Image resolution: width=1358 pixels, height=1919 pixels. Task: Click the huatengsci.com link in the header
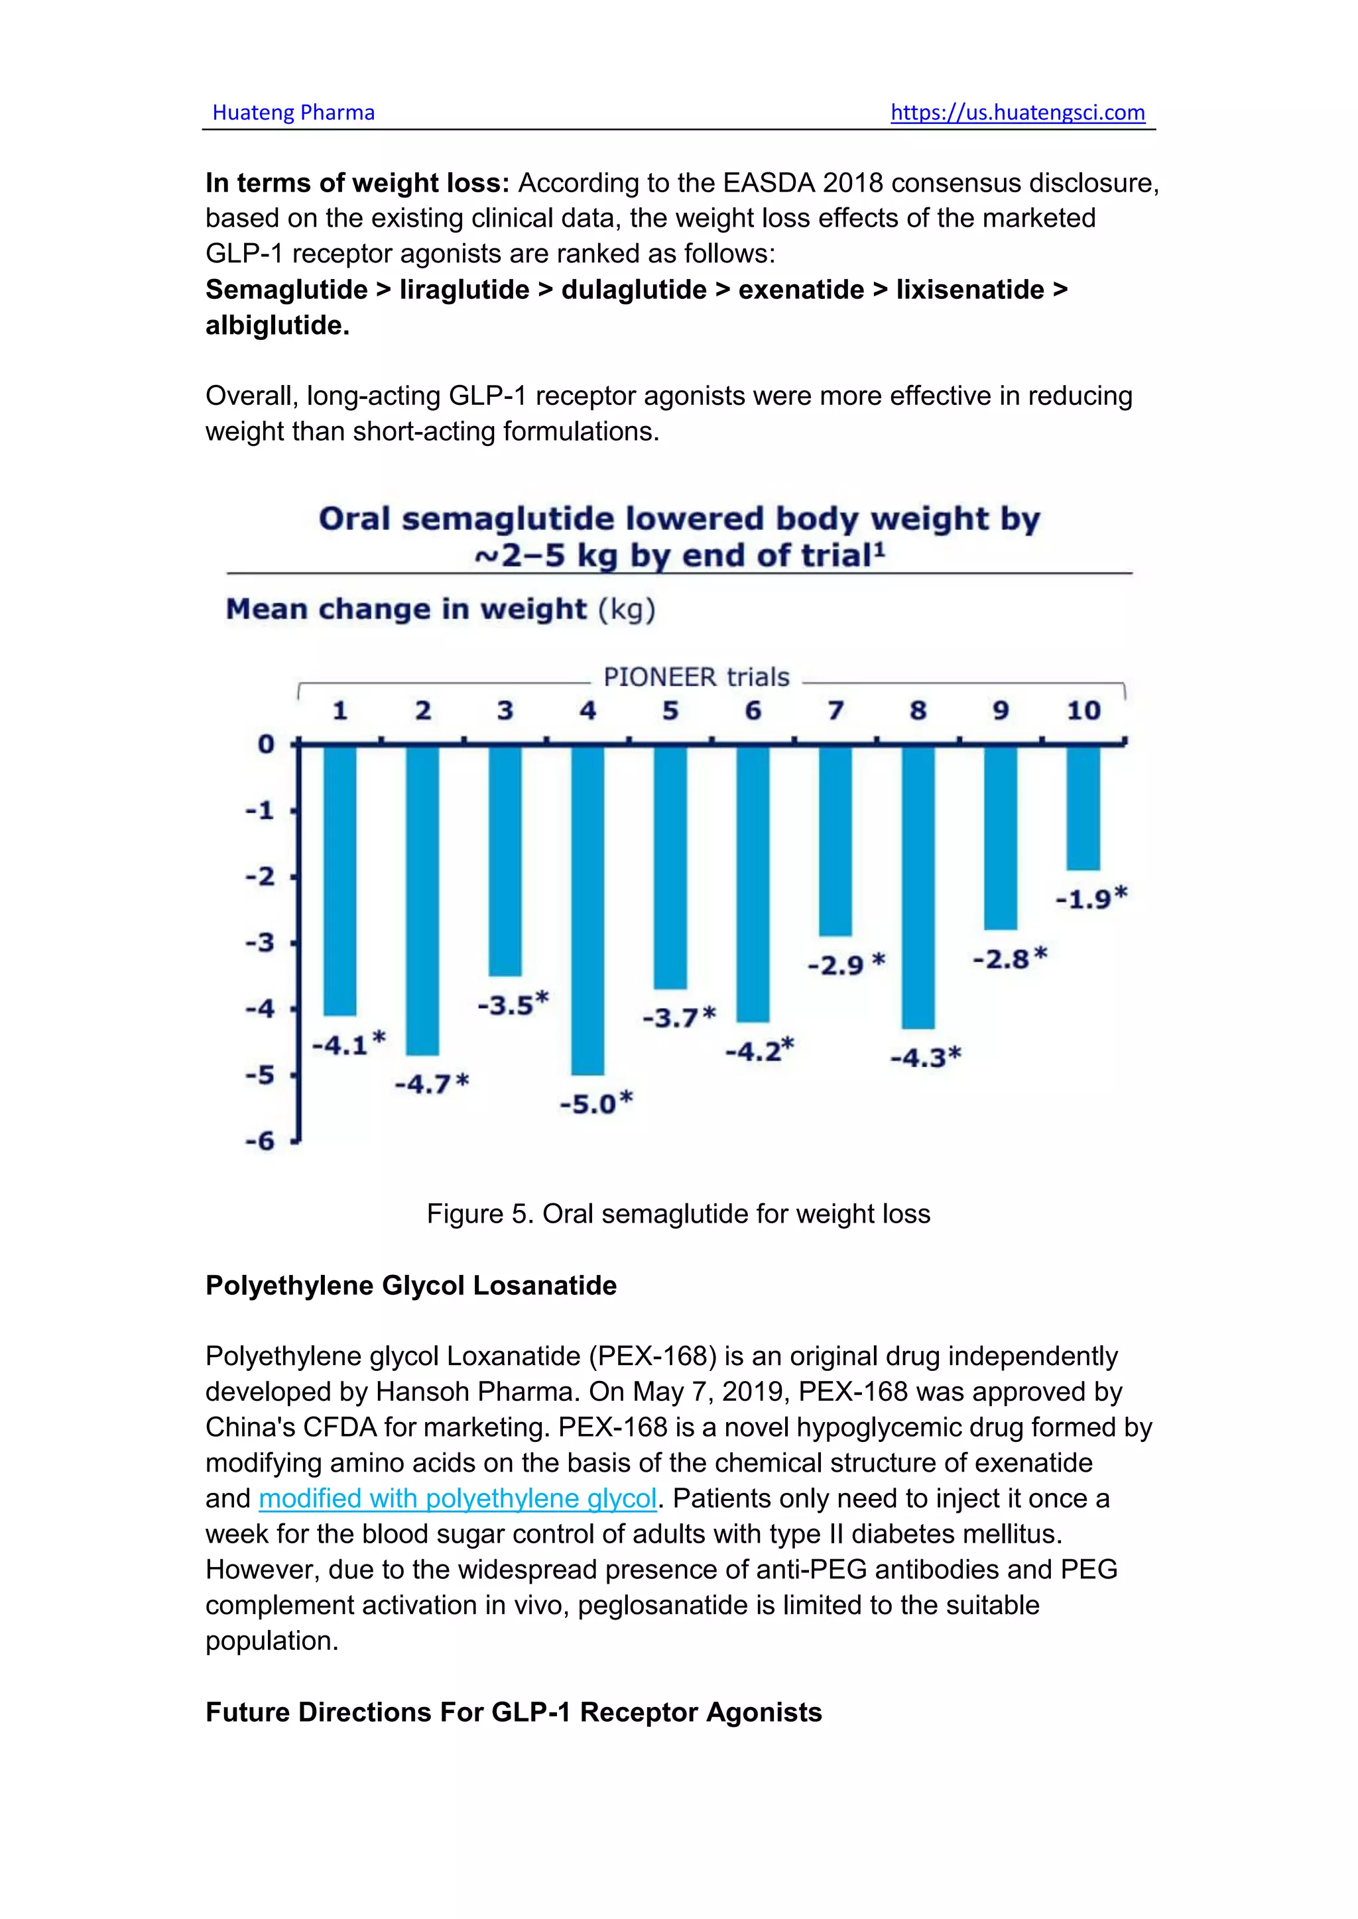[x=1018, y=113]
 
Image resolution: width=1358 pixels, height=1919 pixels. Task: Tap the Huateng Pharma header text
[x=294, y=113]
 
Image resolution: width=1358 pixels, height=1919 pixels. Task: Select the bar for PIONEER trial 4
[x=588, y=910]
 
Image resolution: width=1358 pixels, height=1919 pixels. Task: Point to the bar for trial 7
[x=835, y=841]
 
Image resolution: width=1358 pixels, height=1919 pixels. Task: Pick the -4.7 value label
[x=432, y=1084]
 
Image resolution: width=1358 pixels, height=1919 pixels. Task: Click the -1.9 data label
[x=1091, y=899]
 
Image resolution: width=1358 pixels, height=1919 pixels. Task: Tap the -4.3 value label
[x=926, y=1058]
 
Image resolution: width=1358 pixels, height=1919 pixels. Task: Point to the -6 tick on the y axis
[x=260, y=1141]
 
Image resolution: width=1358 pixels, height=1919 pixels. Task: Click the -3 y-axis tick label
[x=260, y=943]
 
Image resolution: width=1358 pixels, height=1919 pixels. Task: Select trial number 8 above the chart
[x=918, y=710]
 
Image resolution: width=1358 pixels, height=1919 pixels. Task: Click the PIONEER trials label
[x=696, y=677]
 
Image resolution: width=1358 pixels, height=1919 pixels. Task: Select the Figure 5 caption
[x=678, y=1213]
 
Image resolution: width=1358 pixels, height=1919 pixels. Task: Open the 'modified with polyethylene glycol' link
[x=458, y=1499]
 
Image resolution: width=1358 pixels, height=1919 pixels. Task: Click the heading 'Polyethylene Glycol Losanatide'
[x=411, y=1286]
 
